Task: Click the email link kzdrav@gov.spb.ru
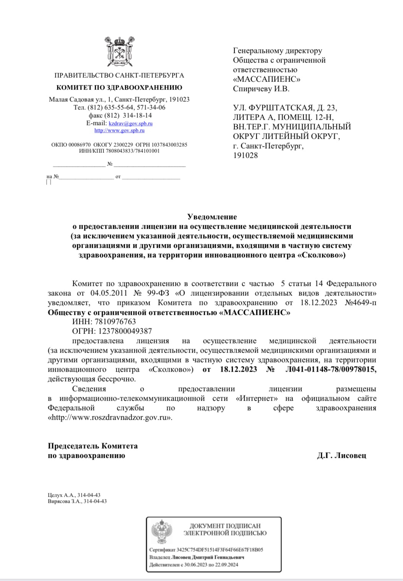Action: pos(130,124)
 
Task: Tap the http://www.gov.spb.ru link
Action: pos(119,130)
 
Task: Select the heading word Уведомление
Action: pos(212,217)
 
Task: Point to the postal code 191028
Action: pos(246,156)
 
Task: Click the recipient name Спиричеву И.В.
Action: pos(261,89)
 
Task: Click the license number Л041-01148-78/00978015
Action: pos(331,369)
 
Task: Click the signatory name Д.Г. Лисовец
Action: pos(341,456)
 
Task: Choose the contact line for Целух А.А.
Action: pos(74,495)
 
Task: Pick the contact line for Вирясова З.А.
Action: pos(77,501)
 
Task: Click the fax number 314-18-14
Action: pos(137,115)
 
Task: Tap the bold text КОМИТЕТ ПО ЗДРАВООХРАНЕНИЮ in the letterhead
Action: pos(119,87)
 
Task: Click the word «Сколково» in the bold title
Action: pos(321,255)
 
